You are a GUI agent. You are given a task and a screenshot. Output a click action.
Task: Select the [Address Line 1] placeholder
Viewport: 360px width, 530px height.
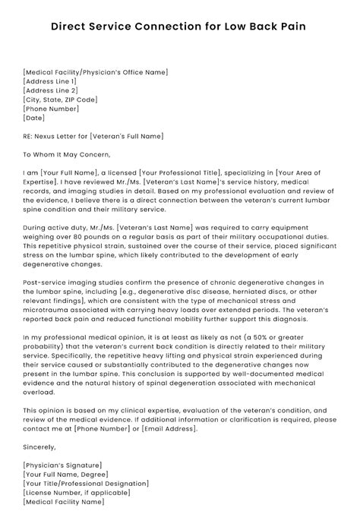point(50,81)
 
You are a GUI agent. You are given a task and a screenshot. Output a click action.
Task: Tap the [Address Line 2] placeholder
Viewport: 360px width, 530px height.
point(50,90)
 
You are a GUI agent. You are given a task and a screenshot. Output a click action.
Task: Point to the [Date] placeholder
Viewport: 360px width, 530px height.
point(34,118)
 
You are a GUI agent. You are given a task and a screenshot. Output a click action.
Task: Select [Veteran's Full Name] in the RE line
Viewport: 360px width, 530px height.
point(125,137)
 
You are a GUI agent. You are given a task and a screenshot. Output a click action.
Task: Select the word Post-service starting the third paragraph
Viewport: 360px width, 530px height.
point(43,282)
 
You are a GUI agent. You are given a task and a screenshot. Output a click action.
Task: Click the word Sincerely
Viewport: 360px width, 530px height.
point(39,447)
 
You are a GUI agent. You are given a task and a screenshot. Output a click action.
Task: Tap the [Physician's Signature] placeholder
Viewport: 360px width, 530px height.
point(62,465)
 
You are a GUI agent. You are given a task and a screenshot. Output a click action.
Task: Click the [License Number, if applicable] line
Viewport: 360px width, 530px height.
point(78,493)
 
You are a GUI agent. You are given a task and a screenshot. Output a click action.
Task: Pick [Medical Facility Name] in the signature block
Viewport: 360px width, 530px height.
point(63,502)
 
